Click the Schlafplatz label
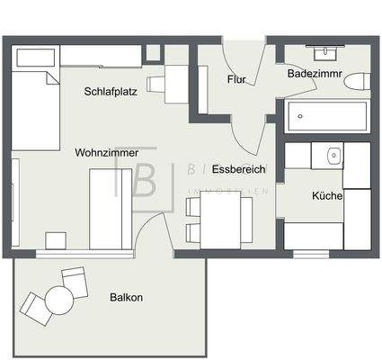(111, 91)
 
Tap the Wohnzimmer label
(107, 153)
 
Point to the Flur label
(236, 79)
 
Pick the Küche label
(326, 195)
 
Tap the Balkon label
(126, 297)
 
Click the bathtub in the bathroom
(325, 116)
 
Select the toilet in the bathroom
(358, 82)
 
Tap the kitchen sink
(333, 156)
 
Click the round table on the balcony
(60, 299)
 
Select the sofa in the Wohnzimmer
(111, 209)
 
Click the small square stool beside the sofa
(56, 240)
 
